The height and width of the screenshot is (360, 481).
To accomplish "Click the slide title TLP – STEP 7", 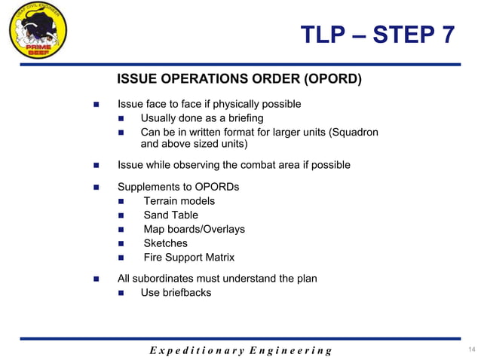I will (x=377, y=35).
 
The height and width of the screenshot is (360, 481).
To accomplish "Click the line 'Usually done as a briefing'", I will (x=201, y=118).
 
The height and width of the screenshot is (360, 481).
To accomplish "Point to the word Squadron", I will (x=354, y=133).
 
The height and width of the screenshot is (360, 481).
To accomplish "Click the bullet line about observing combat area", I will (x=234, y=165).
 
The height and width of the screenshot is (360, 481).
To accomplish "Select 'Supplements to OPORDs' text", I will (x=178, y=186).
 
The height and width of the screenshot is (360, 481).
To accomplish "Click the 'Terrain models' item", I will (x=179, y=201).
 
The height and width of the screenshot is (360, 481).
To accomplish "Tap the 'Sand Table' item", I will (x=170, y=215).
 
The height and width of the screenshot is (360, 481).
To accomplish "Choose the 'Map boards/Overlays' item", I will (x=194, y=229).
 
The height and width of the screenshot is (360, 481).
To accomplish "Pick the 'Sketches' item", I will (x=165, y=243).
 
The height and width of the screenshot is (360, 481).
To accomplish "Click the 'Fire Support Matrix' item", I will (x=189, y=258).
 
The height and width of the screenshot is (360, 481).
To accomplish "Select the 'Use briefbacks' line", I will (x=176, y=293).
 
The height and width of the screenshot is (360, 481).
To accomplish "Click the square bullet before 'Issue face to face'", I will (x=96, y=104).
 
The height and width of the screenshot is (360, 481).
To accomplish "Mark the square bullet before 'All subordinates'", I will (x=96, y=279).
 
